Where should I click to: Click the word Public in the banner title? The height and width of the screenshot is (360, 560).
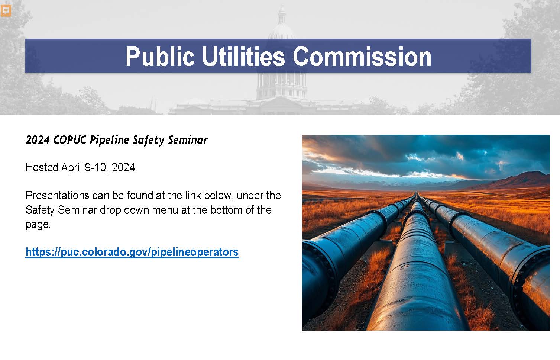tap(160, 57)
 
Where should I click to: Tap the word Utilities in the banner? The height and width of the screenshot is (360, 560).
tap(243, 57)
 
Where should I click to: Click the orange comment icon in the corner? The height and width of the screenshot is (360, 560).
tap(6, 11)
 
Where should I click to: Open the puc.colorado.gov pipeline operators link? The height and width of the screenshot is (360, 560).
tap(132, 252)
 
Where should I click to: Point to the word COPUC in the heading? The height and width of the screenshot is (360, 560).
tap(69, 140)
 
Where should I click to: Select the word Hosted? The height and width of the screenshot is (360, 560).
tap(42, 168)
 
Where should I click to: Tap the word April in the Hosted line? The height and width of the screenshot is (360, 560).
tap(72, 168)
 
